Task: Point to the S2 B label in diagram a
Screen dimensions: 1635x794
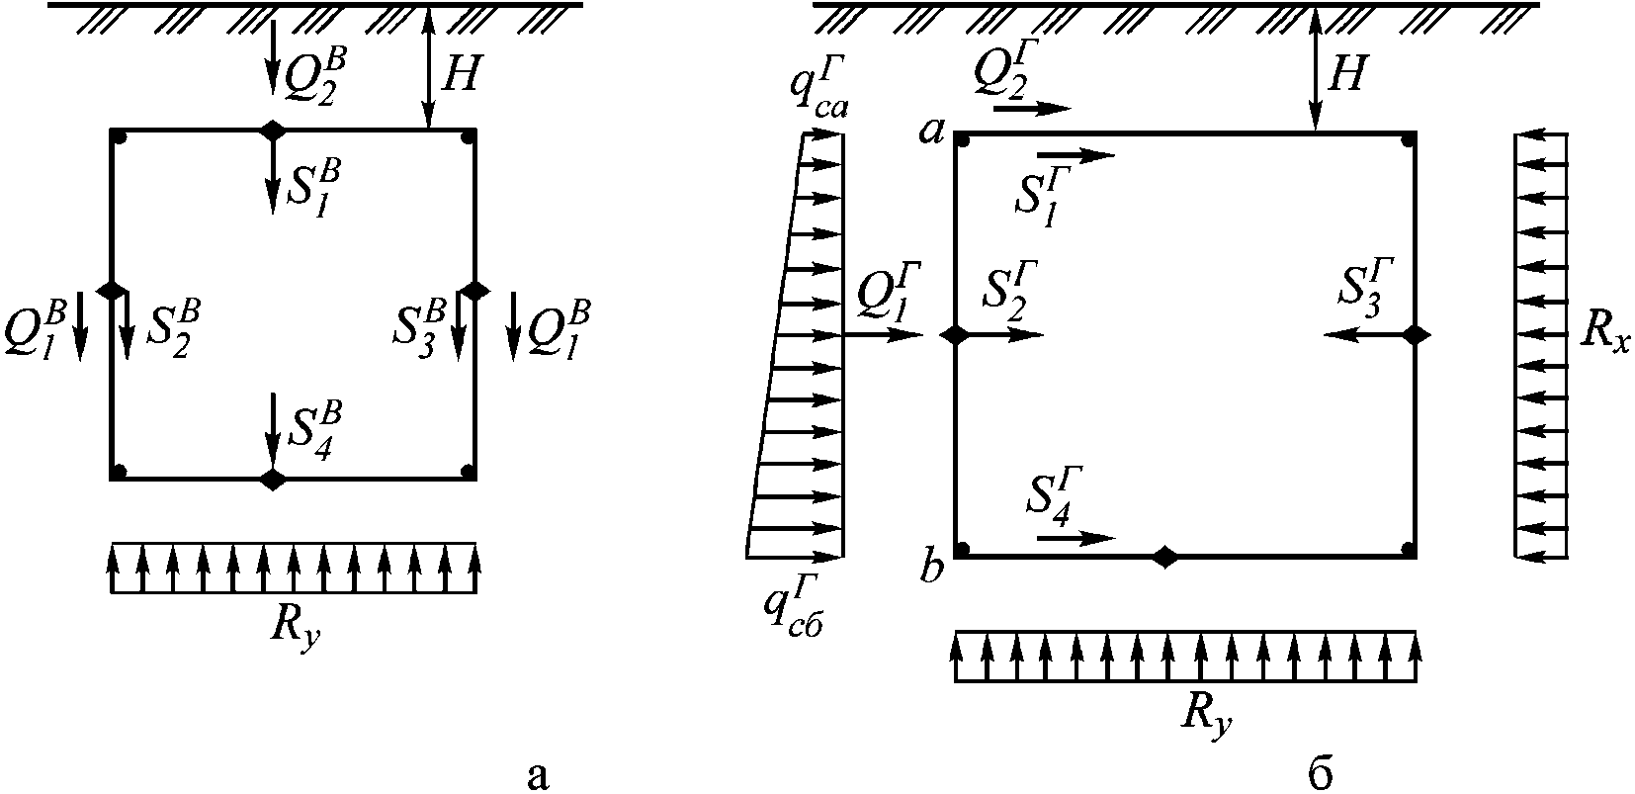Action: click(x=173, y=328)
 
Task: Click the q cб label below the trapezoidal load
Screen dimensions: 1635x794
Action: click(x=793, y=604)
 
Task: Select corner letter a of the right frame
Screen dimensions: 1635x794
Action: click(x=933, y=132)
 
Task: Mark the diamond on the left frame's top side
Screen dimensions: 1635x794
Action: click(x=272, y=130)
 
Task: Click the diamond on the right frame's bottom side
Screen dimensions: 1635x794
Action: click(x=1164, y=557)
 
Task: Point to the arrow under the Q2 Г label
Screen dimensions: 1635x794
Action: click(x=1032, y=109)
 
